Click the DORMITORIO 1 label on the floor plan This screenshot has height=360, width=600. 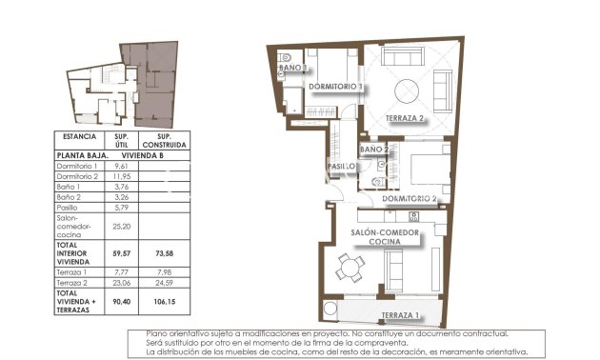[x=337, y=87]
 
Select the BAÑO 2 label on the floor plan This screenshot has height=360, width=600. [x=373, y=150]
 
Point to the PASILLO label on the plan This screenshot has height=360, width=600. [x=342, y=166]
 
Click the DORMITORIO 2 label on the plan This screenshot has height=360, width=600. [x=410, y=198]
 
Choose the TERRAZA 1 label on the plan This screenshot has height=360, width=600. [x=399, y=315]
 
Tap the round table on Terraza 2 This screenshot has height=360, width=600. [x=410, y=90]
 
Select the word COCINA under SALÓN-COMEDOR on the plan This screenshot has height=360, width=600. [x=384, y=244]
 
